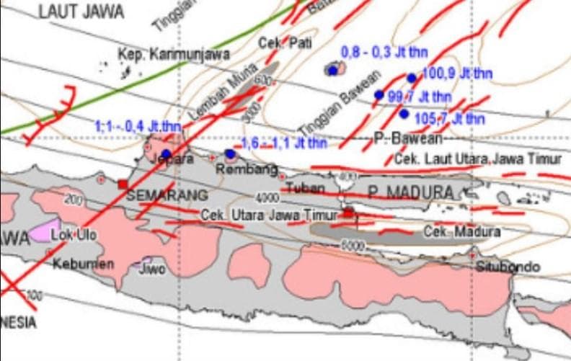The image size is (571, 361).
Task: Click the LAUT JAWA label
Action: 81,12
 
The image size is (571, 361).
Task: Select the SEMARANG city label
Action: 167,195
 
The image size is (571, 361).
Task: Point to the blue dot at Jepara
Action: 167,153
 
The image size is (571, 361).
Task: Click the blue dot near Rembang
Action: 230,153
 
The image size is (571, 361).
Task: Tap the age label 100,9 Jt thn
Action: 452,73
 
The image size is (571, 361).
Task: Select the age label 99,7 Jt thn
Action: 420,96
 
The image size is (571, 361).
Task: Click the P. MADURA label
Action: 410,192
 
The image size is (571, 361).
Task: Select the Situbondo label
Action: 508,267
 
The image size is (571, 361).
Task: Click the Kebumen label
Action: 83,264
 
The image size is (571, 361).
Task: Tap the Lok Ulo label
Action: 75,234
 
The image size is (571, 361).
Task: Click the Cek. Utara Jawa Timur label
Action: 269,215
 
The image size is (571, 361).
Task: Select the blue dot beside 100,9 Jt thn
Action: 412,78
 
